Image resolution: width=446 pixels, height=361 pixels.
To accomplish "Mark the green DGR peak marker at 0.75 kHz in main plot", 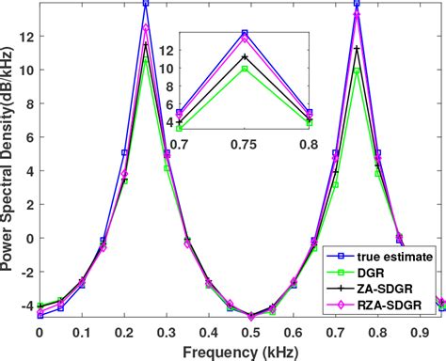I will (357, 71).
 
